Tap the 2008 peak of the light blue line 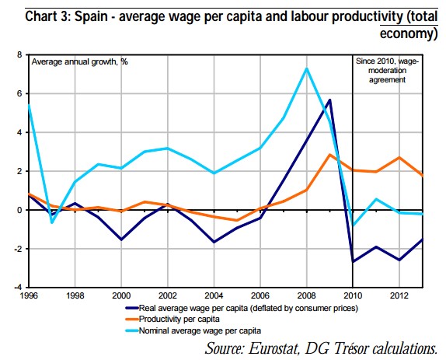coord(307,68)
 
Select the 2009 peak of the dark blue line coord(330,100)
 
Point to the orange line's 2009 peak coord(330,154)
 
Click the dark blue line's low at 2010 coord(354,261)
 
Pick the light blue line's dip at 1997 coord(52,222)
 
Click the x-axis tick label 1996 coord(29,296)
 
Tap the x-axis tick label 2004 coord(214,296)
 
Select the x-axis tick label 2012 coord(399,296)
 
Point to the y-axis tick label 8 coord(20,55)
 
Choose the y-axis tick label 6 coord(20,94)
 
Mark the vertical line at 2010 coord(354,179)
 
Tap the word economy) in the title coord(407,33)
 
